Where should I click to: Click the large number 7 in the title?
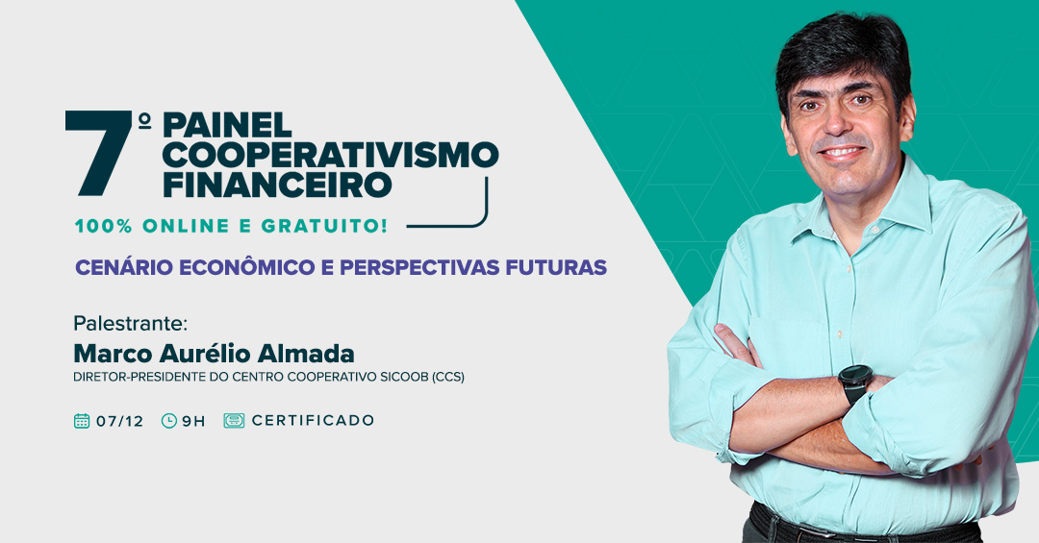coord(99,153)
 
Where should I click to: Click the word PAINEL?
coord(227,125)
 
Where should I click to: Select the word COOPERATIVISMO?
coord(331,155)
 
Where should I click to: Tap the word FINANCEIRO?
coord(278,185)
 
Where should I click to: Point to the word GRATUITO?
coord(324,226)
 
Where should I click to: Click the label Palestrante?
coord(131,324)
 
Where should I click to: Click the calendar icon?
coord(82,421)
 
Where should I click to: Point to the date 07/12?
coord(119,421)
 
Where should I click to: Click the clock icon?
coord(169,421)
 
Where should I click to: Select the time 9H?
coord(193,421)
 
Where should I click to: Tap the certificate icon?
coord(234,421)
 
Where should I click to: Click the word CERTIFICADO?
coord(313,421)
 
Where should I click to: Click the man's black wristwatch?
coord(855,383)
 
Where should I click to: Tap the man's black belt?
coord(861,527)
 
